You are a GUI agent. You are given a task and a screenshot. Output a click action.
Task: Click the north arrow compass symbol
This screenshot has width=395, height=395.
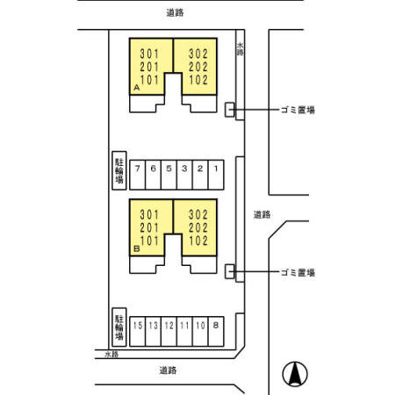pyautogui.click(x=295, y=375)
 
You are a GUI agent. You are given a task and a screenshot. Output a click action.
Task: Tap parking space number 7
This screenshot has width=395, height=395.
pyautogui.click(x=137, y=168)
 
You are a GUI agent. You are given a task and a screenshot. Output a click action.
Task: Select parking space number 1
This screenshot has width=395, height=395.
pyautogui.click(x=215, y=168)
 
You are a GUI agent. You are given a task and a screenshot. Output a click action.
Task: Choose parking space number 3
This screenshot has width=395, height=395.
pyautogui.click(x=184, y=168)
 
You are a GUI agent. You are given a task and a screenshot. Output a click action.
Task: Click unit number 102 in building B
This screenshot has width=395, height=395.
pyautogui.click(x=197, y=240)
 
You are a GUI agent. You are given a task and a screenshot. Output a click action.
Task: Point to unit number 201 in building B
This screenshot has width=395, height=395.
pyautogui.click(x=151, y=227)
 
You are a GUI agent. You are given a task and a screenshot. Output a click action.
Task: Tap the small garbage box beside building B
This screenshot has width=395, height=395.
pyautogui.click(x=230, y=272)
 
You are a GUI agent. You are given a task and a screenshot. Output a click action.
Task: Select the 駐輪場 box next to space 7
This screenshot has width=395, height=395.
pyautogui.click(x=118, y=170)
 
